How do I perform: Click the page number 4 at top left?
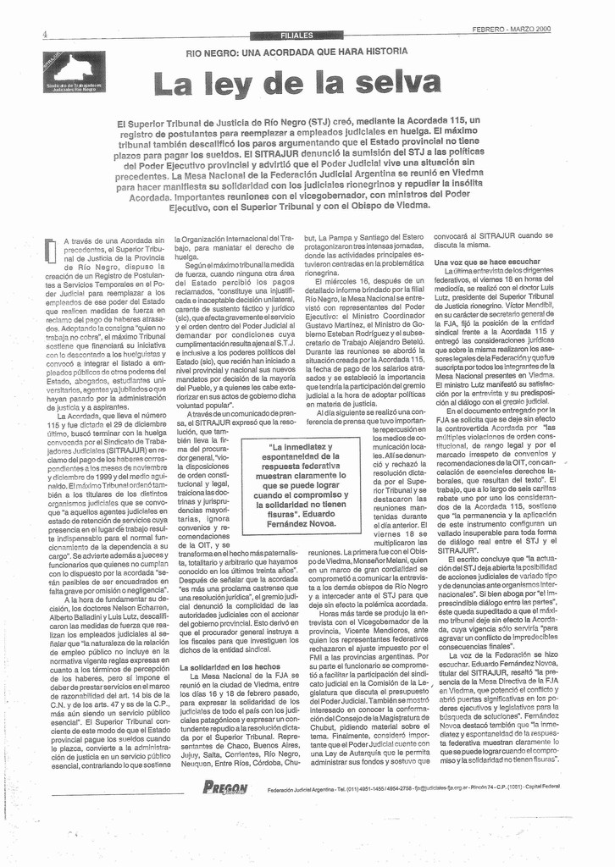click(43, 34)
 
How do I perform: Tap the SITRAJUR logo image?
click(75, 72)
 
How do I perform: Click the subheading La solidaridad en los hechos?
click(226, 668)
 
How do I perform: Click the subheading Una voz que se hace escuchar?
click(486, 262)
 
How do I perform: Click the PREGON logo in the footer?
click(225, 787)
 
